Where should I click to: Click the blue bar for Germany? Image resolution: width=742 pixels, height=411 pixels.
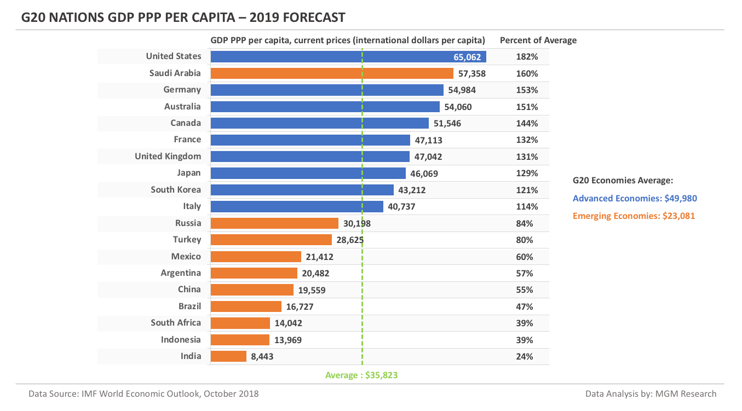[x=327, y=90]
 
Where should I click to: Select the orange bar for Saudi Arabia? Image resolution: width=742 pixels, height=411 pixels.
[x=331, y=73]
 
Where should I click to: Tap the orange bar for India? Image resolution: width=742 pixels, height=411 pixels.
[x=228, y=356]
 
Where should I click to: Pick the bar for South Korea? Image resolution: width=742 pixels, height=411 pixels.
[x=302, y=190]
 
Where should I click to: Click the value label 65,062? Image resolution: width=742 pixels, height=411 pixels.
[x=467, y=57]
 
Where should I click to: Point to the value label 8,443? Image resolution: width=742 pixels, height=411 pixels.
[x=262, y=356]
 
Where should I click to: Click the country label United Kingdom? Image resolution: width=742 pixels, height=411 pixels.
[x=168, y=157]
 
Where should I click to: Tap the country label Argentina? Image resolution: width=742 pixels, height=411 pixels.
[x=181, y=273]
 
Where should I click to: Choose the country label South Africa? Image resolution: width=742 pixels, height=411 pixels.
[x=176, y=323]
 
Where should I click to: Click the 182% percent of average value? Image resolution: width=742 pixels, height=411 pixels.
[x=527, y=57]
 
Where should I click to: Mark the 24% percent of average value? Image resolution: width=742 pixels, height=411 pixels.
[x=525, y=356]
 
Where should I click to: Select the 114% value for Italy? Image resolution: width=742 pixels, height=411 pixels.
[x=527, y=207]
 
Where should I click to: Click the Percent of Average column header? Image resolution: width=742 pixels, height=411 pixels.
[x=538, y=40]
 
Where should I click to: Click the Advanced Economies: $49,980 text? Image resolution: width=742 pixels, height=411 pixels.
[x=635, y=199]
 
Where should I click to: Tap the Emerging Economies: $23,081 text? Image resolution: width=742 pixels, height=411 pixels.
[x=634, y=216]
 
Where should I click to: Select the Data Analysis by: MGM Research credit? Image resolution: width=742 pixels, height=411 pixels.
[x=651, y=393]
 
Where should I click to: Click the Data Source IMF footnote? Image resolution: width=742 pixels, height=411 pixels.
[x=143, y=393]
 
